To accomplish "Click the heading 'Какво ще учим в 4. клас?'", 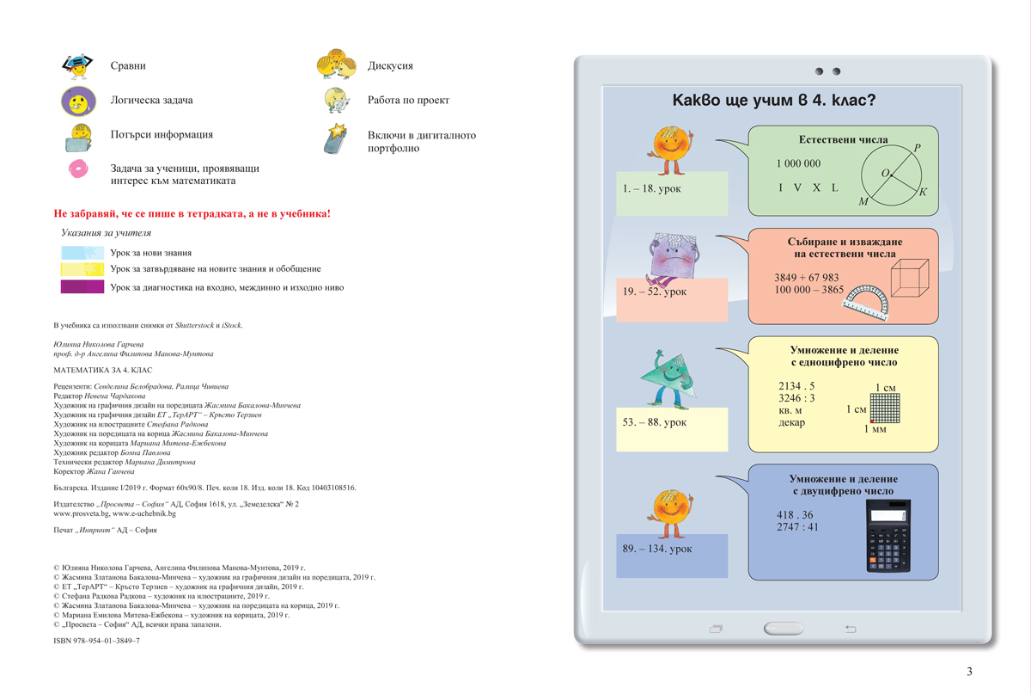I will click(x=774, y=101).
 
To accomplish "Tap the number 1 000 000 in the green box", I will click(x=798, y=163).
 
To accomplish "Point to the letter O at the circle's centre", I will click(x=885, y=174).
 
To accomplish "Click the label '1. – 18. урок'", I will click(x=652, y=188).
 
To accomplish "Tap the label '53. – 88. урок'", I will click(x=655, y=422).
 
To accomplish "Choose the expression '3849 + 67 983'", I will click(x=806, y=278).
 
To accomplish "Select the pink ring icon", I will click(x=77, y=169).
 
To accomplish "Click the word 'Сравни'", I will click(x=128, y=66).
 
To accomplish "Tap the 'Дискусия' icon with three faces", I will click(x=336, y=64).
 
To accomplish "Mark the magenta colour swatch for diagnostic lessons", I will click(x=82, y=287).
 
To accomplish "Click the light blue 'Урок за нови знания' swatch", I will click(x=82, y=253).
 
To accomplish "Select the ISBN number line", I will click(x=96, y=642).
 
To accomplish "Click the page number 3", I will click(x=969, y=672).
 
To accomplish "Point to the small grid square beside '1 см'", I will click(x=883, y=408).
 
